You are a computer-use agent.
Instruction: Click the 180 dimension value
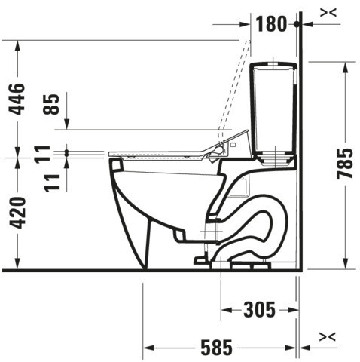pos(271,24)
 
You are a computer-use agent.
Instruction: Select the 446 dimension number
pos(17,99)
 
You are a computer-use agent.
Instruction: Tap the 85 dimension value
pos(51,104)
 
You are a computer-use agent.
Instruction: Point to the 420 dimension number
pos(17,213)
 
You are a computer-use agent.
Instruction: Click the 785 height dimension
pos(344,164)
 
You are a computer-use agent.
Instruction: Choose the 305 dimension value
pos(260,310)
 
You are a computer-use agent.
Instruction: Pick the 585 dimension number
pos(216,348)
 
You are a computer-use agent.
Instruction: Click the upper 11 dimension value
pos(42,155)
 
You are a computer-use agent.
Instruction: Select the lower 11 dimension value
pos(52,183)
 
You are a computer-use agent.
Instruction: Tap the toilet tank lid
pos(273,66)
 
